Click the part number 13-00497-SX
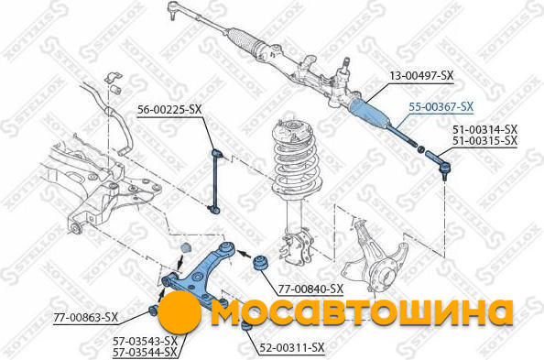pyautogui.click(x=421, y=76)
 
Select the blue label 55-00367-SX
pyautogui.click(x=441, y=107)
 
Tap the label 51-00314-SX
pyautogui.click(x=484, y=130)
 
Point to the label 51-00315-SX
pyautogui.click(x=484, y=141)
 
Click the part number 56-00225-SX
pyautogui.click(x=169, y=110)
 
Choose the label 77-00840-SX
pyautogui.click(x=310, y=289)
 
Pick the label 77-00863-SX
pyautogui.click(x=86, y=317)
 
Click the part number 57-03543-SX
pyautogui.click(x=145, y=341)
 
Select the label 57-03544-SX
pyautogui.click(x=145, y=352)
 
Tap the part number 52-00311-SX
pyautogui.click(x=292, y=347)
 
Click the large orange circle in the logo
pyautogui.click(x=180, y=312)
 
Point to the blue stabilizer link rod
pyautogui.click(x=216, y=180)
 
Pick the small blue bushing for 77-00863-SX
pyautogui.click(x=153, y=310)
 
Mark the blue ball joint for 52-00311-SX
pyautogui.click(x=246, y=327)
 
